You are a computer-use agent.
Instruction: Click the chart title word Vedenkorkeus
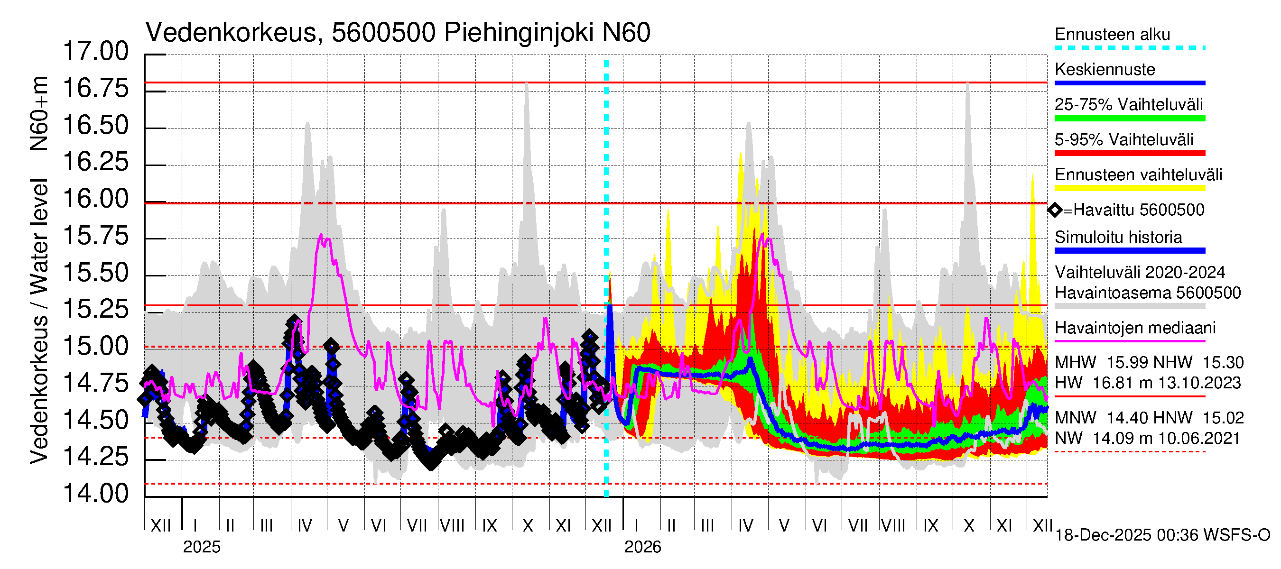[x=231, y=33]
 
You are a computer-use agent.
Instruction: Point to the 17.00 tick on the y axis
[x=95, y=52]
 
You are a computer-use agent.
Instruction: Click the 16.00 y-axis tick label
[x=95, y=199]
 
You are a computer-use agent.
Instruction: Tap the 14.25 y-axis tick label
[x=95, y=457]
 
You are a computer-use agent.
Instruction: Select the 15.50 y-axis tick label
[x=95, y=273]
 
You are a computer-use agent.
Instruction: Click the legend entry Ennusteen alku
[x=1112, y=35]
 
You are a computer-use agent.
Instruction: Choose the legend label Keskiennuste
[x=1105, y=70]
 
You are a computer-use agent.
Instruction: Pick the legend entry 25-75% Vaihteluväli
[x=1128, y=104]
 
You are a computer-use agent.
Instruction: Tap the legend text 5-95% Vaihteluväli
[x=1123, y=139]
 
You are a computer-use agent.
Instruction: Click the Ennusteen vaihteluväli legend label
[x=1138, y=175]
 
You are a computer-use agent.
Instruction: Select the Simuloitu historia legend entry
[x=1118, y=238]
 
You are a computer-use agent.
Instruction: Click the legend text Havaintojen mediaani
[x=1135, y=328]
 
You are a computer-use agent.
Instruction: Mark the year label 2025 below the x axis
[x=201, y=547]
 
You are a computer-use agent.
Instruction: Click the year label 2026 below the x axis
[x=642, y=547]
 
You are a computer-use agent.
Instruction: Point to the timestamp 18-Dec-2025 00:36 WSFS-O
[x=1162, y=535]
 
